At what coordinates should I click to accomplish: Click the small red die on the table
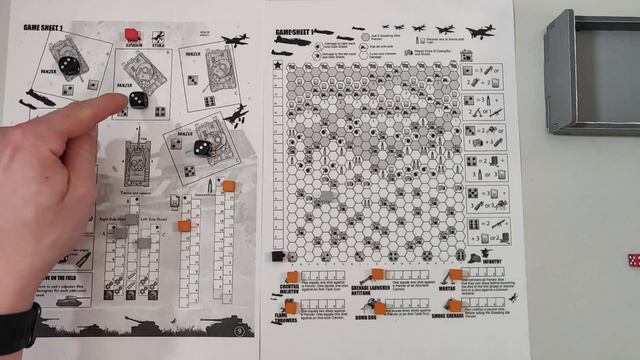(x=632, y=261)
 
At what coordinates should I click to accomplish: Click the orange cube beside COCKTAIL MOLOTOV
(x=291, y=277)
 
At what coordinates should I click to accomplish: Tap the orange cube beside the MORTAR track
(x=455, y=274)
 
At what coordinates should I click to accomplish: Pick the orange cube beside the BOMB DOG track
(x=379, y=307)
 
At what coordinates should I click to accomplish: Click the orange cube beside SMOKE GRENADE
(x=455, y=305)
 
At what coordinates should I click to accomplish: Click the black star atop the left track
(x=276, y=65)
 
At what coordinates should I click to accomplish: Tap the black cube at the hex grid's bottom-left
(x=276, y=256)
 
